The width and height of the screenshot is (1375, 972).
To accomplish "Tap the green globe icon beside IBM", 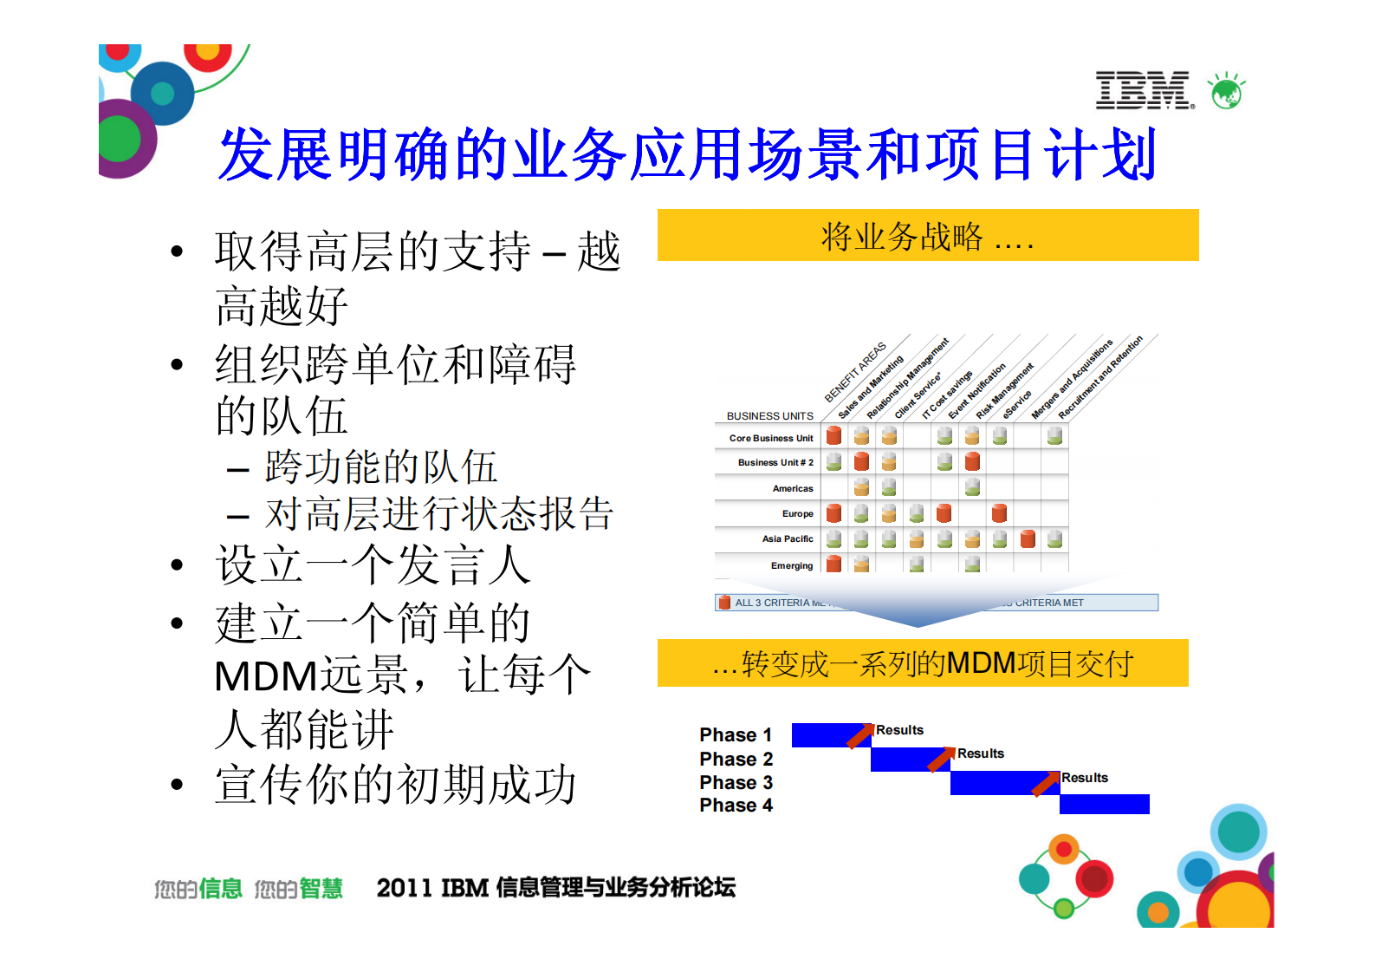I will click(1227, 91).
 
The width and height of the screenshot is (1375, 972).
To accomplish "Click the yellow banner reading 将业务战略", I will click(927, 235).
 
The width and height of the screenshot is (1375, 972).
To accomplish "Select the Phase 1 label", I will click(736, 735).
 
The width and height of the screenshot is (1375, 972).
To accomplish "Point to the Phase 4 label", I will click(736, 806).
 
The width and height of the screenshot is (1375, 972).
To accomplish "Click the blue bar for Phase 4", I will click(1104, 805).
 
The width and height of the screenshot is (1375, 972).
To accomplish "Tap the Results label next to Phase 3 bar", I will click(1085, 778).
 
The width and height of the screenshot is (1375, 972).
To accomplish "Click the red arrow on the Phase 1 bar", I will click(859, 735).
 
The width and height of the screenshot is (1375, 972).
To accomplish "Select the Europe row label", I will click(797, 513).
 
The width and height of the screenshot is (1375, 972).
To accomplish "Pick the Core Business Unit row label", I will click(770, 438).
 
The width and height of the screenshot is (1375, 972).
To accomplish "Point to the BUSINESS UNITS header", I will click(769, 416).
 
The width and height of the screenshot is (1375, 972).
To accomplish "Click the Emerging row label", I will click(791, 565).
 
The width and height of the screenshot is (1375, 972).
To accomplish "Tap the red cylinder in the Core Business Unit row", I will click(833, 435).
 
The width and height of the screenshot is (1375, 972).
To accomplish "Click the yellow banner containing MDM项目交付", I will click(923, 663).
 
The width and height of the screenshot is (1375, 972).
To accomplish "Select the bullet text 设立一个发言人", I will click(373, 565).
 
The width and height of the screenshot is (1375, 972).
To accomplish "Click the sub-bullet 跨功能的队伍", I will click(381, 467).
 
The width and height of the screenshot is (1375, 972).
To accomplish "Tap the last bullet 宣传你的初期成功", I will click(395, 785).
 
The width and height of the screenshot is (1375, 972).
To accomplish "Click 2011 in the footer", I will click(404, 888).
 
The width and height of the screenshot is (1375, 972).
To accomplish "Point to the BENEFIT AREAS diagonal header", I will click(855, 372).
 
